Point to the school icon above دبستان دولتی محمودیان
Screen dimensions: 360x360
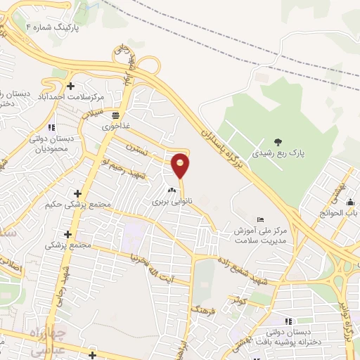click(x=51, y=127)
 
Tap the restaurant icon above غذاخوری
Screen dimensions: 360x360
click(x=115, y=115)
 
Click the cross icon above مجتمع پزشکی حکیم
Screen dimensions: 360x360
click(x=77, y=193)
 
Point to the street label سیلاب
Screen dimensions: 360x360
click(x=93, y=112)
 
